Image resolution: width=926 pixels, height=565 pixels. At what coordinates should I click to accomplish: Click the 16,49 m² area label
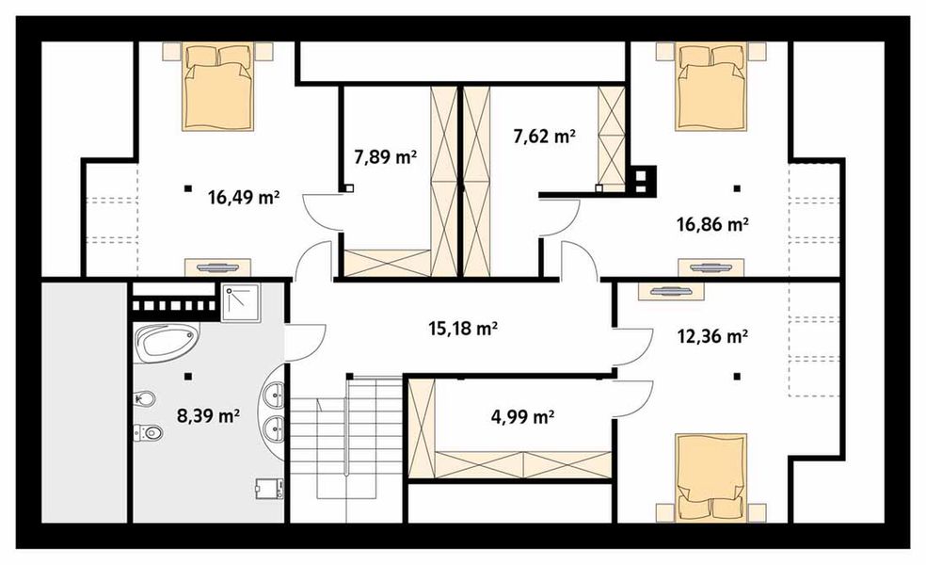pos(244,197)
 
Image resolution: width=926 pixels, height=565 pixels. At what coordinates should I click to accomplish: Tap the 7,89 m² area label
pos(385,157)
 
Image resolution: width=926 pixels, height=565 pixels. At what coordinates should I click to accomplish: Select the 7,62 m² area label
pos(544,137)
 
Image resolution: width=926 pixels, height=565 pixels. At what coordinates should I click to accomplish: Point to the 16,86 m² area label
pos(712,224)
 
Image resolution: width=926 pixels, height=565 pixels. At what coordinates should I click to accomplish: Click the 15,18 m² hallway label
pos(462,328)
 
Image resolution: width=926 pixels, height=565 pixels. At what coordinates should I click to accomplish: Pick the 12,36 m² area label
pos(712,337)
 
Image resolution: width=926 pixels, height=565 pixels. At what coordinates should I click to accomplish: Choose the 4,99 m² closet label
pos(522,418)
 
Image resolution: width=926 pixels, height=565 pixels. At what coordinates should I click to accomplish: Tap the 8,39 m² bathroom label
pos(208,416)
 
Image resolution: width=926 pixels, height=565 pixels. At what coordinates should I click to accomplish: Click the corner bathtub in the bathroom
pos(167,343)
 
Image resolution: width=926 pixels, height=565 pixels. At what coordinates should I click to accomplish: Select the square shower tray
pos(240,302)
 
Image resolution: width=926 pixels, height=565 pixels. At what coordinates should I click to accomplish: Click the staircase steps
pos(345,450)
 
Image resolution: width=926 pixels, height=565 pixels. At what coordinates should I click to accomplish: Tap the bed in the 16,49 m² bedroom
pos(218,87)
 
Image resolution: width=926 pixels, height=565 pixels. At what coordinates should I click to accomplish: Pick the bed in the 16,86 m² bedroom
pos(711,87)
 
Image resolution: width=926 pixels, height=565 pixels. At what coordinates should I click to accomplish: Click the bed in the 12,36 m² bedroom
pos(711,479)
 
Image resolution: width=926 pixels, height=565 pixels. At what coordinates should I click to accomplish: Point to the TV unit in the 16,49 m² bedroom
pos(218,267)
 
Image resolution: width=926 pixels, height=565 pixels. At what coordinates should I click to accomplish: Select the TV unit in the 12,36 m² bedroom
pos(671,291)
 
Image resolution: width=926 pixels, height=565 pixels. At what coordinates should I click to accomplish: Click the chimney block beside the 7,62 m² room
pos(642,179)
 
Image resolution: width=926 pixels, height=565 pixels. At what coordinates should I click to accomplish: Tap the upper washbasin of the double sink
pos(275,393)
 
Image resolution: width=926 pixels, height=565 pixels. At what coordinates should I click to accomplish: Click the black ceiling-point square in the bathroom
pos(188,376)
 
